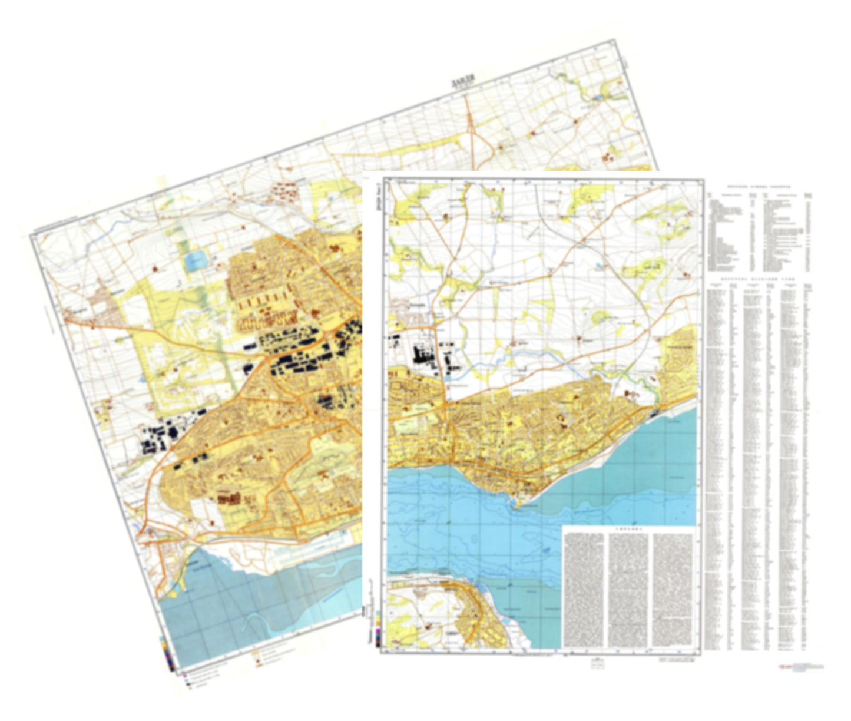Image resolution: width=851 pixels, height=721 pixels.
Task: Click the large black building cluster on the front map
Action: tap(422, 354)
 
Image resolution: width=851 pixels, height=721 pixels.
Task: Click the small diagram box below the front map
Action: tap(597, 662)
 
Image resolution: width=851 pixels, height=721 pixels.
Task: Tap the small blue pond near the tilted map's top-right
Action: tap(598, 97)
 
